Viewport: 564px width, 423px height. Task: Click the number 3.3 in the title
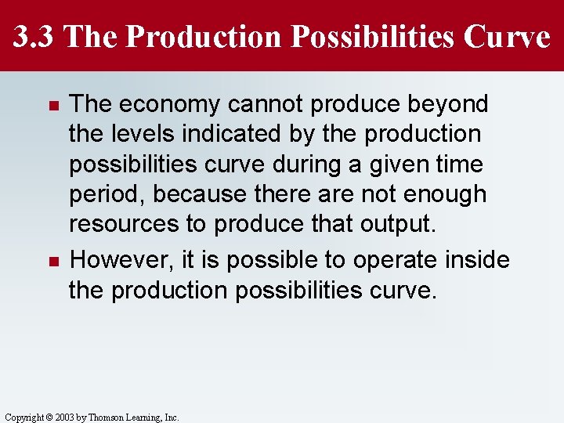pyautogui.click(x=34, y=36)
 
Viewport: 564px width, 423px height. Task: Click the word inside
pyautogui.click(x=476, y=260)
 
